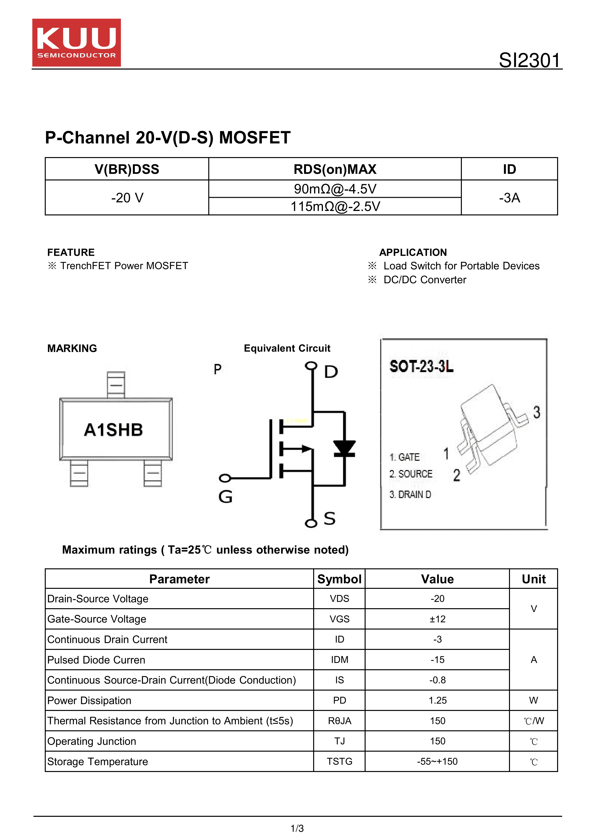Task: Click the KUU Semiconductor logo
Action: pos(76,42)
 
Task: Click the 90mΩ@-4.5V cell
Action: pos(335,189)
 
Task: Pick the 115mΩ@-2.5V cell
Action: pos(335,206)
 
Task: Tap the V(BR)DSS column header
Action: pos(127,169)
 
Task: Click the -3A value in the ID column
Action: pos(509,198)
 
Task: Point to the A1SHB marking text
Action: pos(113,430)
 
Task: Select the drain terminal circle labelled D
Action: pos(311,365)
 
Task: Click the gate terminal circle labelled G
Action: pos(225,478)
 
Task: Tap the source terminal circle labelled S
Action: pos(311,523)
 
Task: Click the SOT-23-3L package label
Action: pos(421,366)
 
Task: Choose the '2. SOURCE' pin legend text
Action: pos(411,474)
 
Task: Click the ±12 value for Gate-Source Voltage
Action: pos(437,619)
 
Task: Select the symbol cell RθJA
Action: pos(339,721)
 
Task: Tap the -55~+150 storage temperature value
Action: pos(437,761)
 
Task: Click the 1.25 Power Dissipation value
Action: pos(437,700)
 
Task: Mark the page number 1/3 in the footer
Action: pos(297,828)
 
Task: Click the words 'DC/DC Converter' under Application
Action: pos(425,280)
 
